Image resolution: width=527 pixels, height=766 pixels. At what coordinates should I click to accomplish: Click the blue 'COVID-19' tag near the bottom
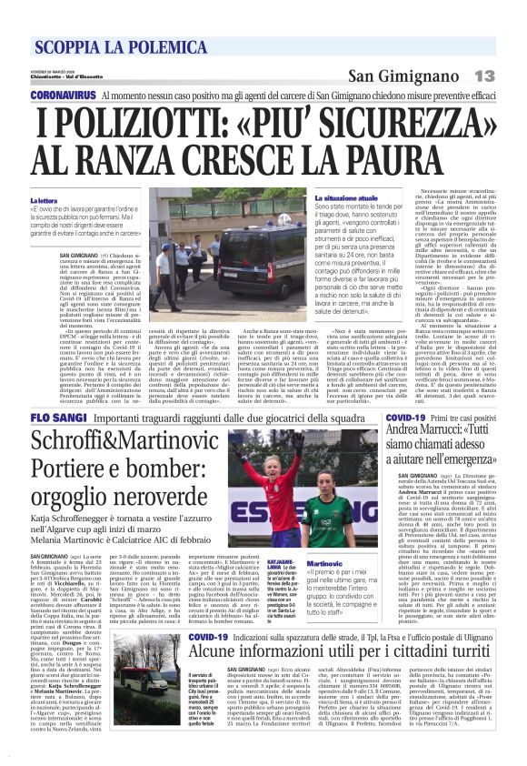tap(205, 637)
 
